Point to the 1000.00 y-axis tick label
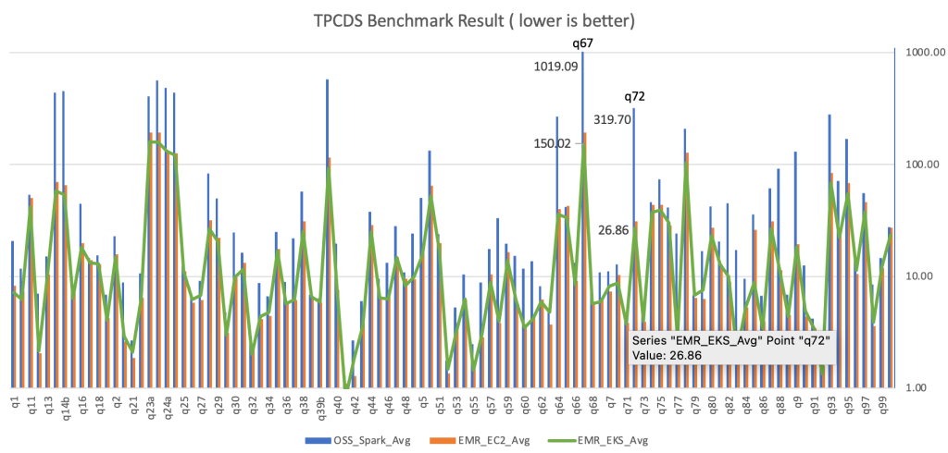pos(922,53)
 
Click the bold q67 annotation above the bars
pos(583,43)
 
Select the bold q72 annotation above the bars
pos(634,96)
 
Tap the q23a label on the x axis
pos(151,408)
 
